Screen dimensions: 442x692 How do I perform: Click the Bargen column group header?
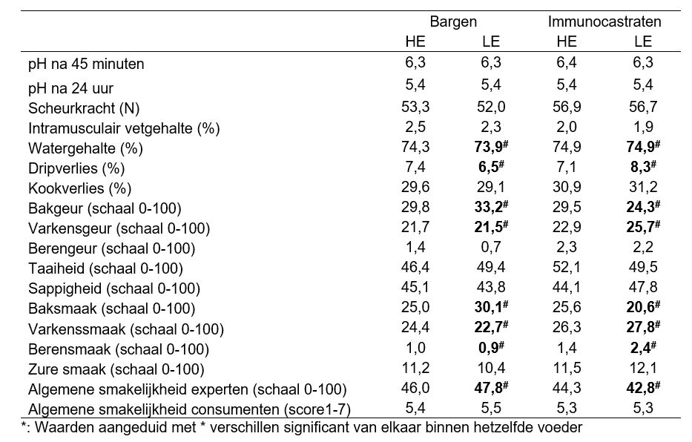pos(453,22)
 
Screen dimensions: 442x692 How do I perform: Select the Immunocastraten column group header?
pos(604,22)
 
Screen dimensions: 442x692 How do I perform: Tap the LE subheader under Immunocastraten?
pos(643,42)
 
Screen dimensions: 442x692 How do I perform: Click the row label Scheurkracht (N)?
pos(83,108)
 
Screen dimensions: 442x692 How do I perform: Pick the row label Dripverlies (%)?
pos(75,168)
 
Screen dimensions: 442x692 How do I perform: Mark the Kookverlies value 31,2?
pos(643,188)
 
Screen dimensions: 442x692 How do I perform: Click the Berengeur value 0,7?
pos(491,248)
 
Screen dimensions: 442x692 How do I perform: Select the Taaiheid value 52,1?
pos(566,268)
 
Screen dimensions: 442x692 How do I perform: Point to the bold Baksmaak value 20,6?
pos(643,308)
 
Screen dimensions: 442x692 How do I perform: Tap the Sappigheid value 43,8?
pos(491,288)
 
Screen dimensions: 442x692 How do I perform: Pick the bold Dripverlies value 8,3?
pos(643,168)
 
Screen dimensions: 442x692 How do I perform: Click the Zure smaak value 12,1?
pos(643,369)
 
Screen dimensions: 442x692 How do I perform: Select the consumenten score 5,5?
pos(491,409)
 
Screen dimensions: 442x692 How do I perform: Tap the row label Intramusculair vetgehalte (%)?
pos(124,128)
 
